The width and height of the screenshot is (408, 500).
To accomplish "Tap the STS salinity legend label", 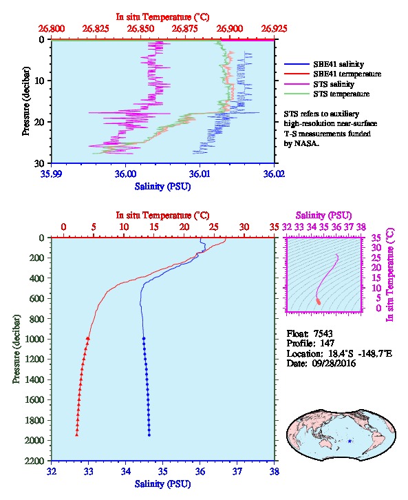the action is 334,84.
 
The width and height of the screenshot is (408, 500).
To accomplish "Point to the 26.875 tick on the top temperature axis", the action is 184,29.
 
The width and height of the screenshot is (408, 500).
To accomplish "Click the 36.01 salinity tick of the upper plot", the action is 200,174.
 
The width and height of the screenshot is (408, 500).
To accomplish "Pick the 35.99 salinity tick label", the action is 52,174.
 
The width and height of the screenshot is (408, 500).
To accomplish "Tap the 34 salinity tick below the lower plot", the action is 125,471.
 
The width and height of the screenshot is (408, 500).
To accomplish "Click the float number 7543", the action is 323,333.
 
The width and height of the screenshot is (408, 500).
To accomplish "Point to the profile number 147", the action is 327,343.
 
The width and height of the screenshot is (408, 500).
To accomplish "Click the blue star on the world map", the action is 350,441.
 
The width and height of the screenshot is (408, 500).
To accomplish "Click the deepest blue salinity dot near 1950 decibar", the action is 149,435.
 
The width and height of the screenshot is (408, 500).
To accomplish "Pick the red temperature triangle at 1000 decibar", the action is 88,339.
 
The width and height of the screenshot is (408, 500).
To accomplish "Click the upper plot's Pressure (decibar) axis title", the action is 26,101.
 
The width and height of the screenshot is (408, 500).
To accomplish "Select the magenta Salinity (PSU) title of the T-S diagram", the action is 324,216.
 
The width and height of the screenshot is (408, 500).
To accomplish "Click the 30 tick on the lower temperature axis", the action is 244,227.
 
